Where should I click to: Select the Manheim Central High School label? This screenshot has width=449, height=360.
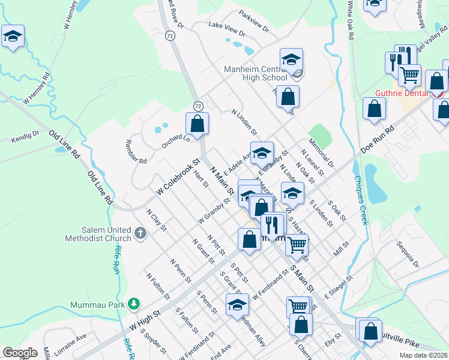[x=256, y=73]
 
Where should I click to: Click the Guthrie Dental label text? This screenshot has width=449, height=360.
[x=402, y=93]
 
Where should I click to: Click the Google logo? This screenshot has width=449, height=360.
[x=20, y=353]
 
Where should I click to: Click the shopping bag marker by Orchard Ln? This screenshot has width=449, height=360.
[x=197, y=124]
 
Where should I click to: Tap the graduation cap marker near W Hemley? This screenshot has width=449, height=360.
[x=13, y=37]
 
